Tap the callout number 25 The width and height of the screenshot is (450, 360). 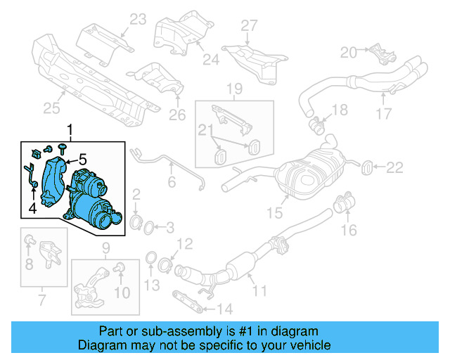tap(51, 108)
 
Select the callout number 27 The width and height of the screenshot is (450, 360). tap(250, 26)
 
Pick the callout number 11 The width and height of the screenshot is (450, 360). tap(260, 289)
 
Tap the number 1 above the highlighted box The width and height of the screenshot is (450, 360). tap(70, 129)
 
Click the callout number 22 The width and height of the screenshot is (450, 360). tap(395, 167)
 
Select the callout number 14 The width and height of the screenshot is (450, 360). tap(224, 308)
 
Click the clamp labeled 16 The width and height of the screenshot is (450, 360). tap(345, 205)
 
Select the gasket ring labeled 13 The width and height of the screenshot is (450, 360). tap(150, 263)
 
